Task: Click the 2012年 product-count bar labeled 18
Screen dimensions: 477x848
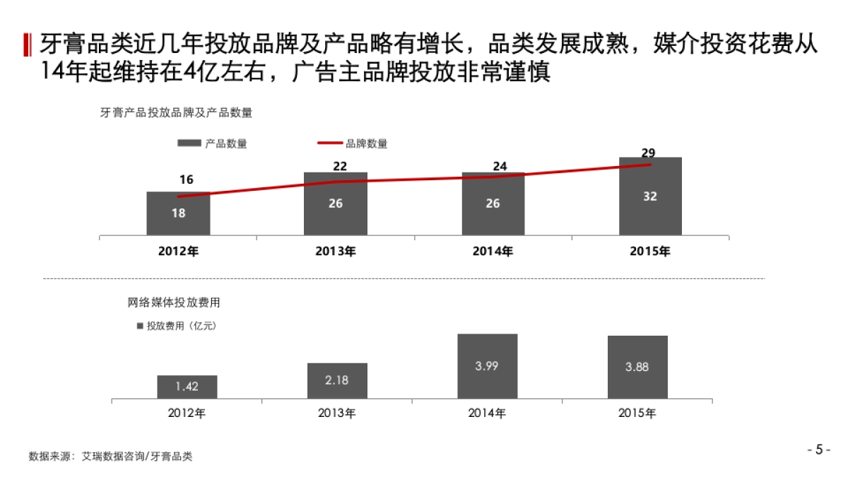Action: pyautogui.click(x=178, y=213)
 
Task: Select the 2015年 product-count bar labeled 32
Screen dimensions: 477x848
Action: pyautogui.click(x=650, y=196)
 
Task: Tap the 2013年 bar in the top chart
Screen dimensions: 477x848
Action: pyautogui.click(x=336, y=204)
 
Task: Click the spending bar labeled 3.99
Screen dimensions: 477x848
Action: pyautogui.click(x=487, y=366)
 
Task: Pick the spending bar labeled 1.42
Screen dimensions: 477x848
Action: pyautogui.click(x=187, y=387)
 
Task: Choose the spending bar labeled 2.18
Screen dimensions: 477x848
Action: pyautogui.click(x=337, y=380)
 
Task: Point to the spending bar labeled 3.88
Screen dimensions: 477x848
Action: pyautogui.click(x=637, y=367)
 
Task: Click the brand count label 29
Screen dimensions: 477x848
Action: pyautogui.click(x=648, y=153)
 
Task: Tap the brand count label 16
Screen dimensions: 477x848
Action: pyautogui.click(x=186, y=180)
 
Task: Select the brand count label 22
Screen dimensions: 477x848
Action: pyautogui.click(x=341, y=166)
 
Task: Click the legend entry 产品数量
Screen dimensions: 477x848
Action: pyautogui.click(x=213, y=143)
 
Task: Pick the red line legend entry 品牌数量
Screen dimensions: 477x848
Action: pyautogui.click(x=353, y=143)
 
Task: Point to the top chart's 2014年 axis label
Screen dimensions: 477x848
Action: pyautogui.click(x=493, y=252)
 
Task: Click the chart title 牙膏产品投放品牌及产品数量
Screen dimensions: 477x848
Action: pyautogui.click(x=177, y=112)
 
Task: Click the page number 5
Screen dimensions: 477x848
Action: pyautogui.click(x=818, y=449)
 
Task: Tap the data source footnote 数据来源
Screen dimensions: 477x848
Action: pyautogui.click(x=110, y=457)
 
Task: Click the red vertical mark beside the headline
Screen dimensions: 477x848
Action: pyautogui.click(x=28, y=44)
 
